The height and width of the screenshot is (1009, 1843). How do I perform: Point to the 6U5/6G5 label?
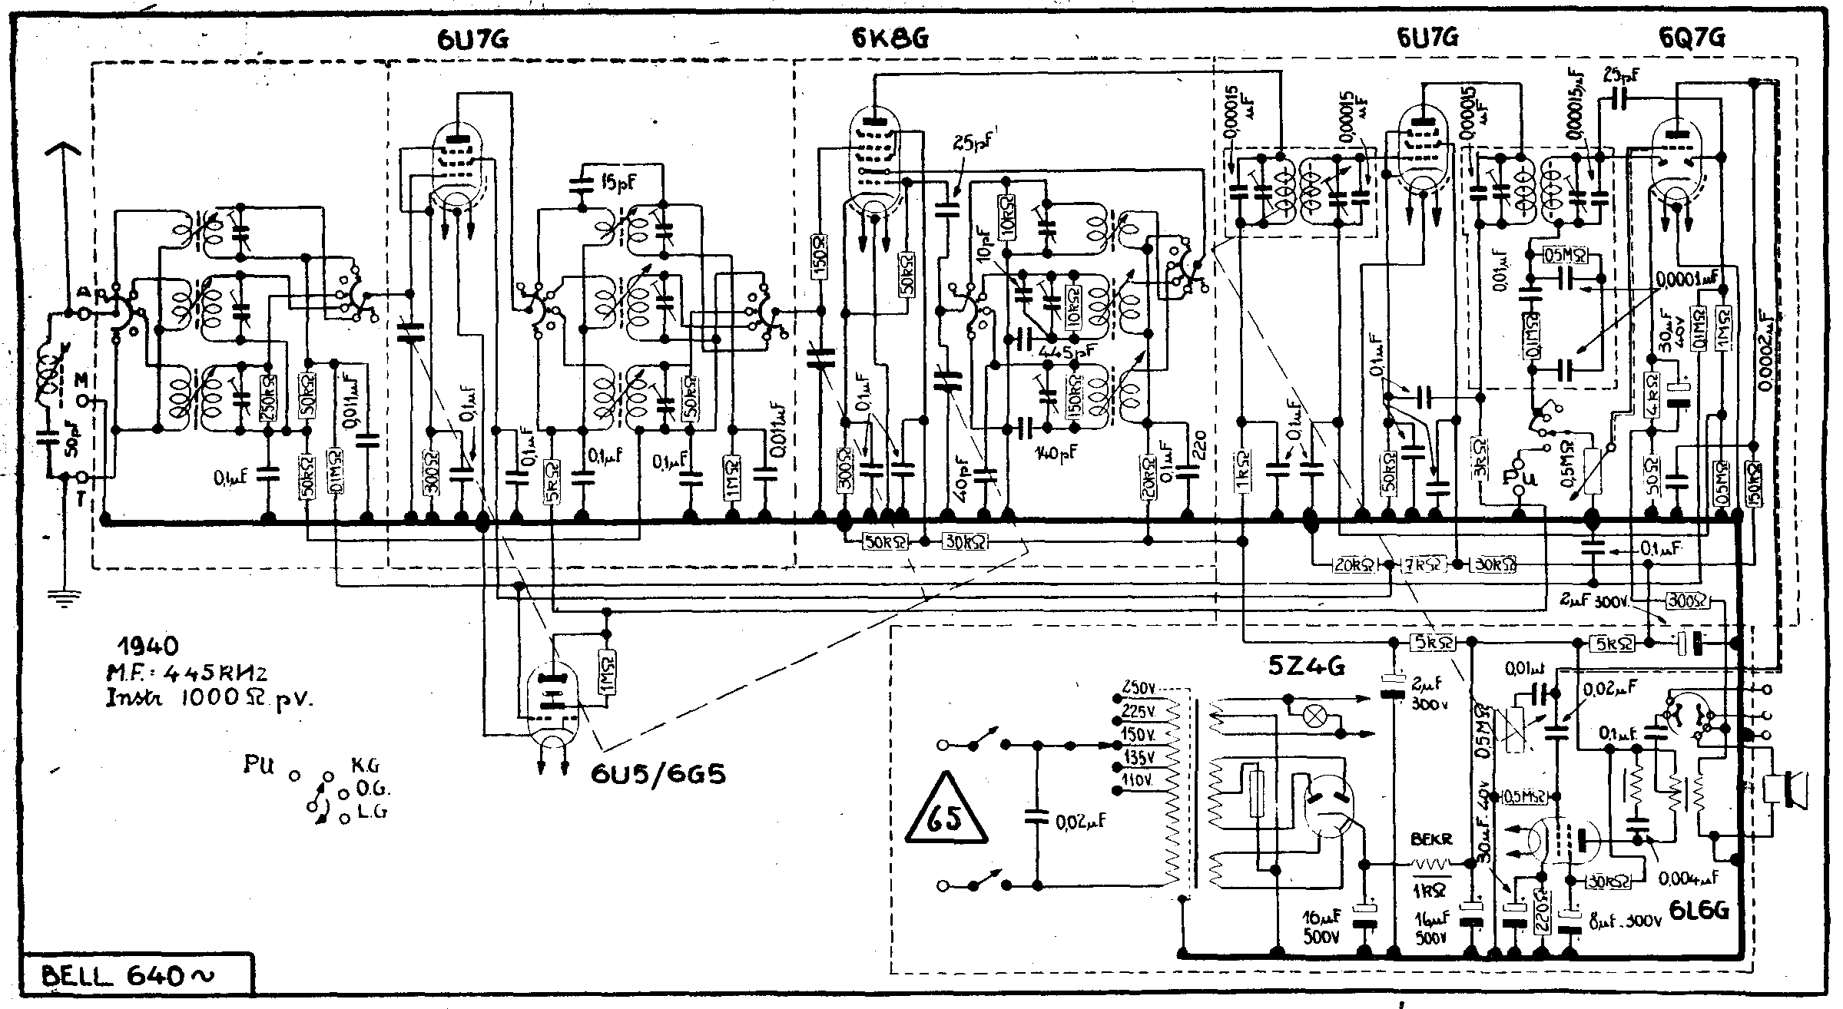pos(658,773)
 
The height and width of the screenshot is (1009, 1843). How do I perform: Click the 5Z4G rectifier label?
pos(1306,667)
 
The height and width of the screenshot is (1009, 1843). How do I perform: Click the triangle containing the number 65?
pos(944,818)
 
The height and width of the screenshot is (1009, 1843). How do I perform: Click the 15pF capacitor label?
pos(618,182)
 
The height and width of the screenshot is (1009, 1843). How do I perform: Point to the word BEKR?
pos(1431,841)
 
